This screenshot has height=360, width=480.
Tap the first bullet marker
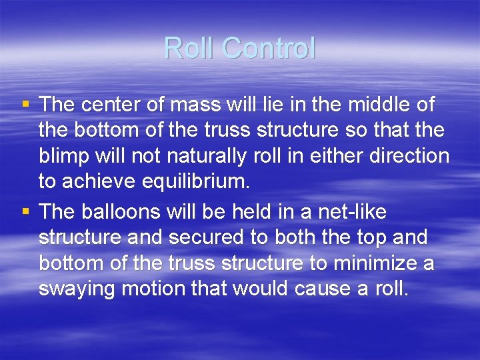25,104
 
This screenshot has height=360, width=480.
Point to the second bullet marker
25,211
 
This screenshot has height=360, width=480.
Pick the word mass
190,105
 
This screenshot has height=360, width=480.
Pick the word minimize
371,263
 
